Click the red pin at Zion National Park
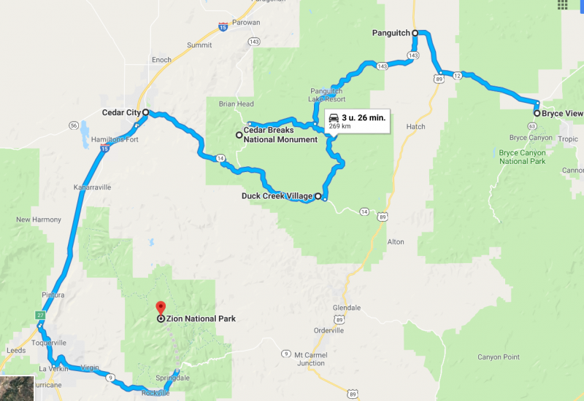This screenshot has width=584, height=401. point(161,308)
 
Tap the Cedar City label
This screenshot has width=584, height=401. point(120,113)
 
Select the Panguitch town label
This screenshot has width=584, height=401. point(391,33)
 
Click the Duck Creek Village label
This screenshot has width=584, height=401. point(277,196)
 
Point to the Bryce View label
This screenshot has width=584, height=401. point(562,114)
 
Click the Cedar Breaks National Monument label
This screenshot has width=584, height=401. point(280,135)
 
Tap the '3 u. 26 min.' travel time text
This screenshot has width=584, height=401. point(364,117)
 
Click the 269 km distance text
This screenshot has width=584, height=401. point(340,126)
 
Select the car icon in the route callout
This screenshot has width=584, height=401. point(334,117)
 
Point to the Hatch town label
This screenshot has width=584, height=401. point(415,127)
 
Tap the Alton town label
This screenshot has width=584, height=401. point(396,241)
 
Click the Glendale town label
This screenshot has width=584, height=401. point(346,307)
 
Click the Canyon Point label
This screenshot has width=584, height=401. point(499,357)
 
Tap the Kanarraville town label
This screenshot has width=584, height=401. point(92,187)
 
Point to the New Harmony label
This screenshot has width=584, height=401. point(34,219)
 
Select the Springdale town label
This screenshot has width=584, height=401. point(172,378)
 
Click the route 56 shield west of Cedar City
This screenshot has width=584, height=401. point(73,125)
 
